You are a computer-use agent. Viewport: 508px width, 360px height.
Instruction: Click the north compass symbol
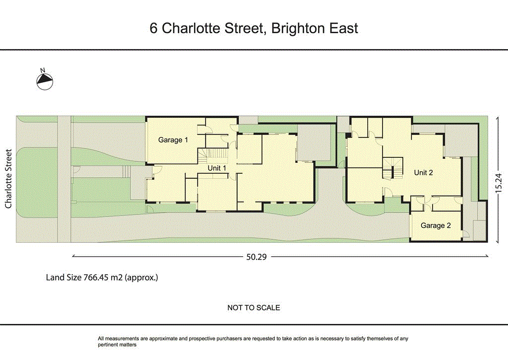tap(45, 81)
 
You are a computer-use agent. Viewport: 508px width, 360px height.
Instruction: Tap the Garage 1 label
tap(173, 140)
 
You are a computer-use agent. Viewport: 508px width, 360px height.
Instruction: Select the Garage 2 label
tap(436, 225)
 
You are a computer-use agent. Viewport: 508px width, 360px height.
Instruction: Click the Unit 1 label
tap(217, 168)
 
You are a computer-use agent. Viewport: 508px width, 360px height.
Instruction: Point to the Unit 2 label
tap(424, 173)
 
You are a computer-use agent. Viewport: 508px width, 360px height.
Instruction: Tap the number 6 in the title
tap(154, 28)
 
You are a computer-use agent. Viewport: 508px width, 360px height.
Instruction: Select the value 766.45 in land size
tap(96, 278)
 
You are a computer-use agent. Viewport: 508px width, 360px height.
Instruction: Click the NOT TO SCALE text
tap(254, 308)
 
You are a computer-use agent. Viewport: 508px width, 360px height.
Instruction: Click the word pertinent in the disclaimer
tap(109, 345)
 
